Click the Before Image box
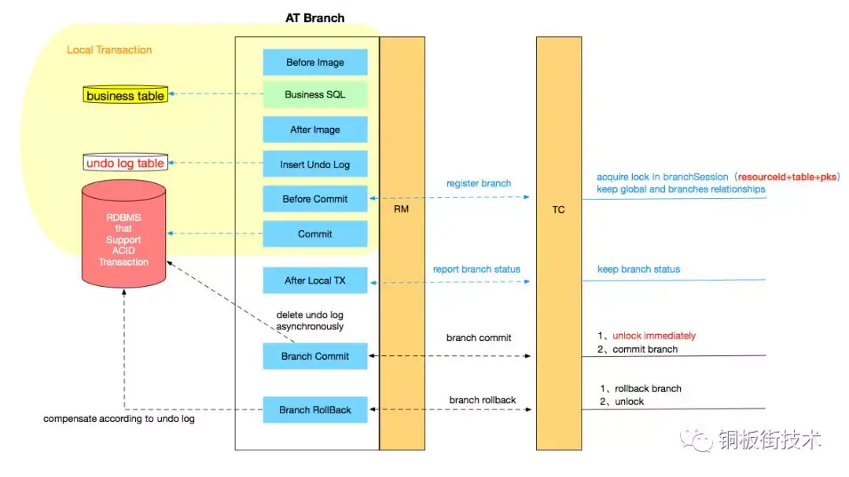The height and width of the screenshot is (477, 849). [315, 62]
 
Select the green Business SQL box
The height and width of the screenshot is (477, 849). [315, 94]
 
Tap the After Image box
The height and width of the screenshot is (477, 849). [315, 130]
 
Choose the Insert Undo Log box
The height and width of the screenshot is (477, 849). [315, 164]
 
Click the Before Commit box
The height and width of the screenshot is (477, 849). [315, 199]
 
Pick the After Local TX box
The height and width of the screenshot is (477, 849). [315, 281]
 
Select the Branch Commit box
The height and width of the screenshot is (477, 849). [315, 356]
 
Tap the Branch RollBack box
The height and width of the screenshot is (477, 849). [315, 410]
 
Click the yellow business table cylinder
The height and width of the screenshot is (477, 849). [125, 95]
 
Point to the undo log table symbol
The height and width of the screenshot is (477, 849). [125, 163]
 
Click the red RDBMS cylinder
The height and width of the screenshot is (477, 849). [123, 234]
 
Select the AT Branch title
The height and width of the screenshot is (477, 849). [315, 18]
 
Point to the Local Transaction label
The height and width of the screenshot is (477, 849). [109, 50]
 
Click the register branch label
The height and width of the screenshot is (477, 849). [479, 184]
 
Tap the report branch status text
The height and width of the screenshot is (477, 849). [476, 269]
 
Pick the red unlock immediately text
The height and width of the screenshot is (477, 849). [654, 336]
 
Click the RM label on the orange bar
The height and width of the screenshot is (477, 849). [401, 209]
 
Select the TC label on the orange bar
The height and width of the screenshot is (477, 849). [559, 210]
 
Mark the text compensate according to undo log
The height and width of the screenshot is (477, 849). [119, 419]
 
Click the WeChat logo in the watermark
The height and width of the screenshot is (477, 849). [696, 439]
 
